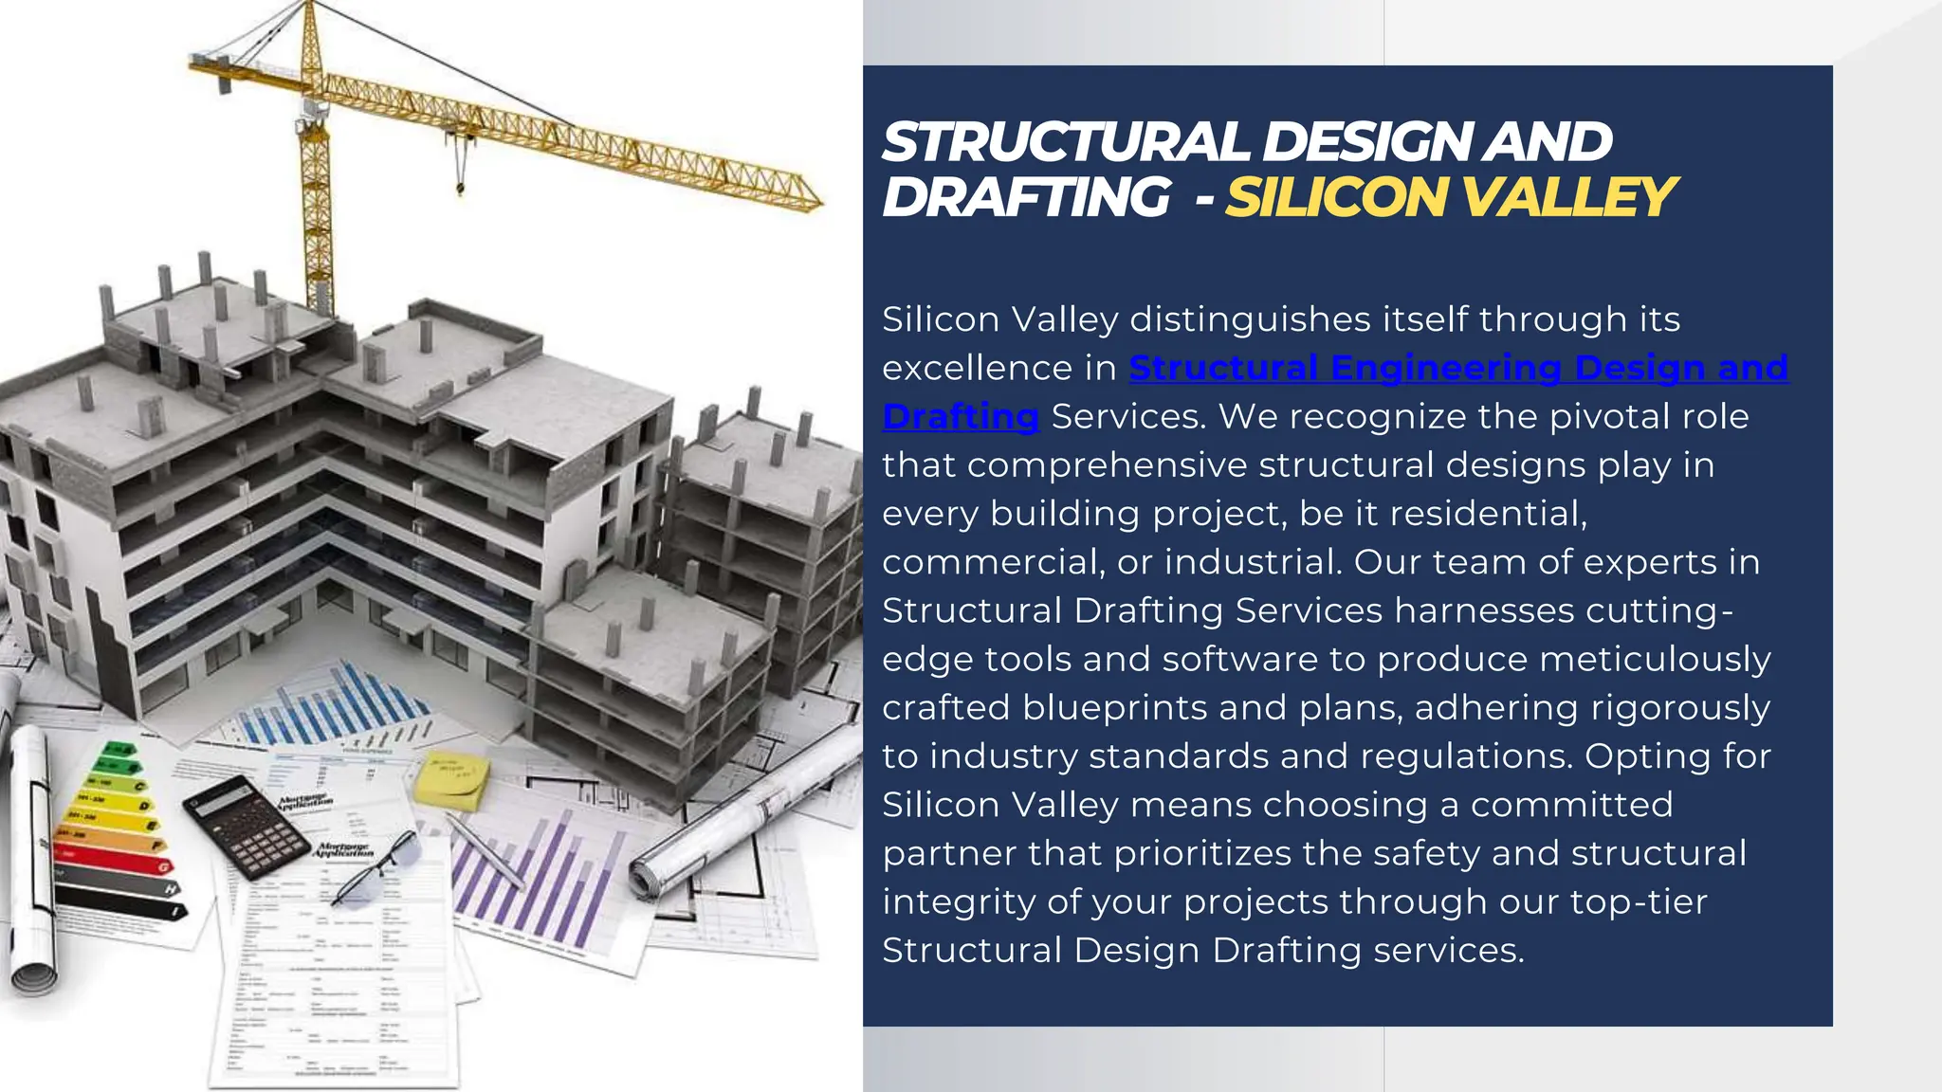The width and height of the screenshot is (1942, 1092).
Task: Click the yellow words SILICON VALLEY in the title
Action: click(1449, 197)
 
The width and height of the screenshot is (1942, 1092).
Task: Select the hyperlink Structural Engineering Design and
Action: click(1458, 368)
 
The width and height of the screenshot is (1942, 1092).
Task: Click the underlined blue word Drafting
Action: click(960, 417)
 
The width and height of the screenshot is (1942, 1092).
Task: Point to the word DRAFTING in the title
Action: click(1026, 197)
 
